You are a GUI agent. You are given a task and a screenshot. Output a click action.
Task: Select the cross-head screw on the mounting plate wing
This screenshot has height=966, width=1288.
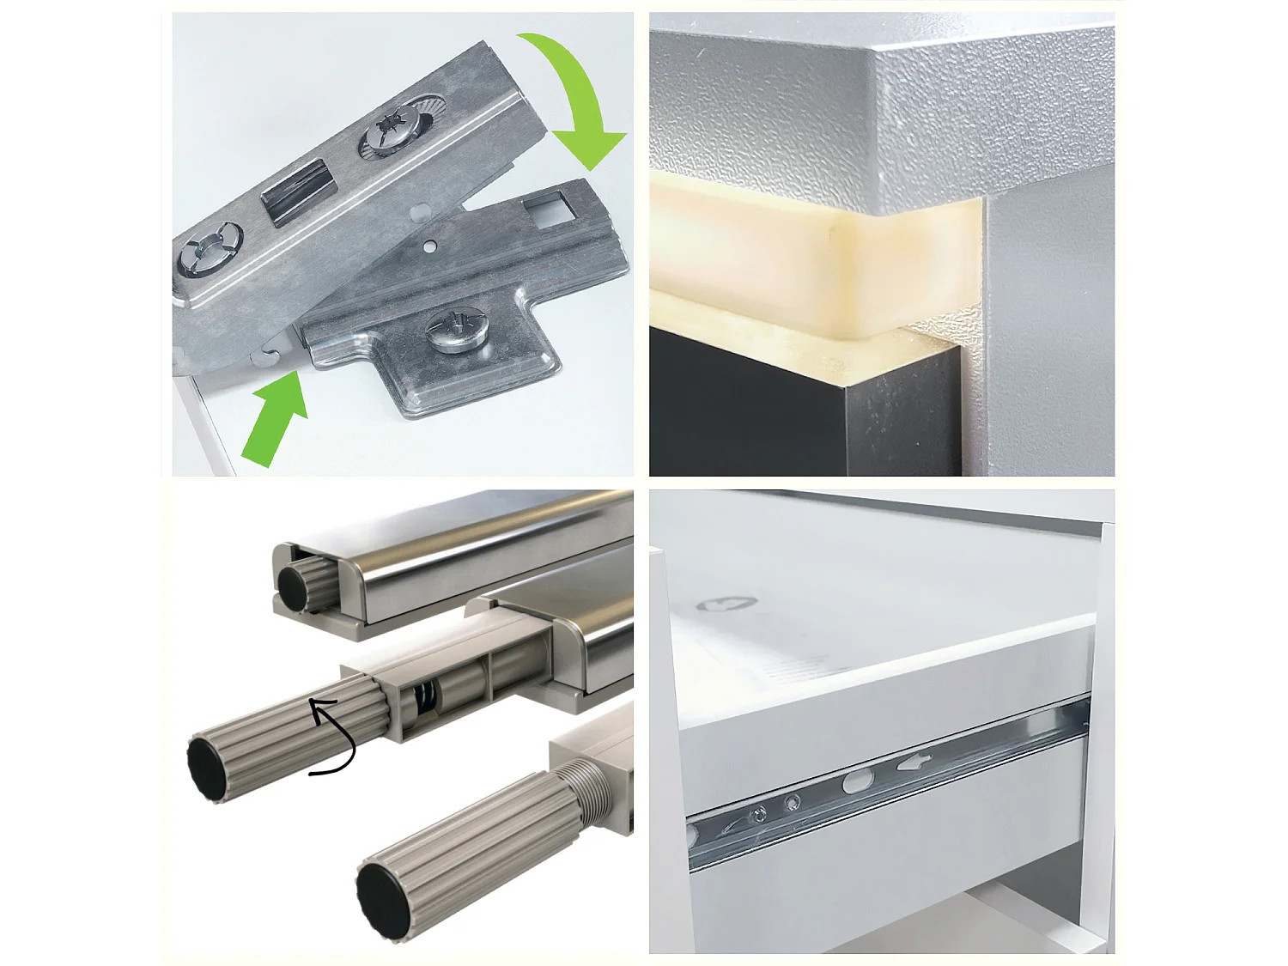pos(454,331)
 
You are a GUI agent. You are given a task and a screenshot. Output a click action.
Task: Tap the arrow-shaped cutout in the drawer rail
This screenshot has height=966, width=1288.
pos(915,761)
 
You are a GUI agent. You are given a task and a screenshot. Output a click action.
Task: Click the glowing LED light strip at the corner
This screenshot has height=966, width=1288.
pos(816,258)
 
